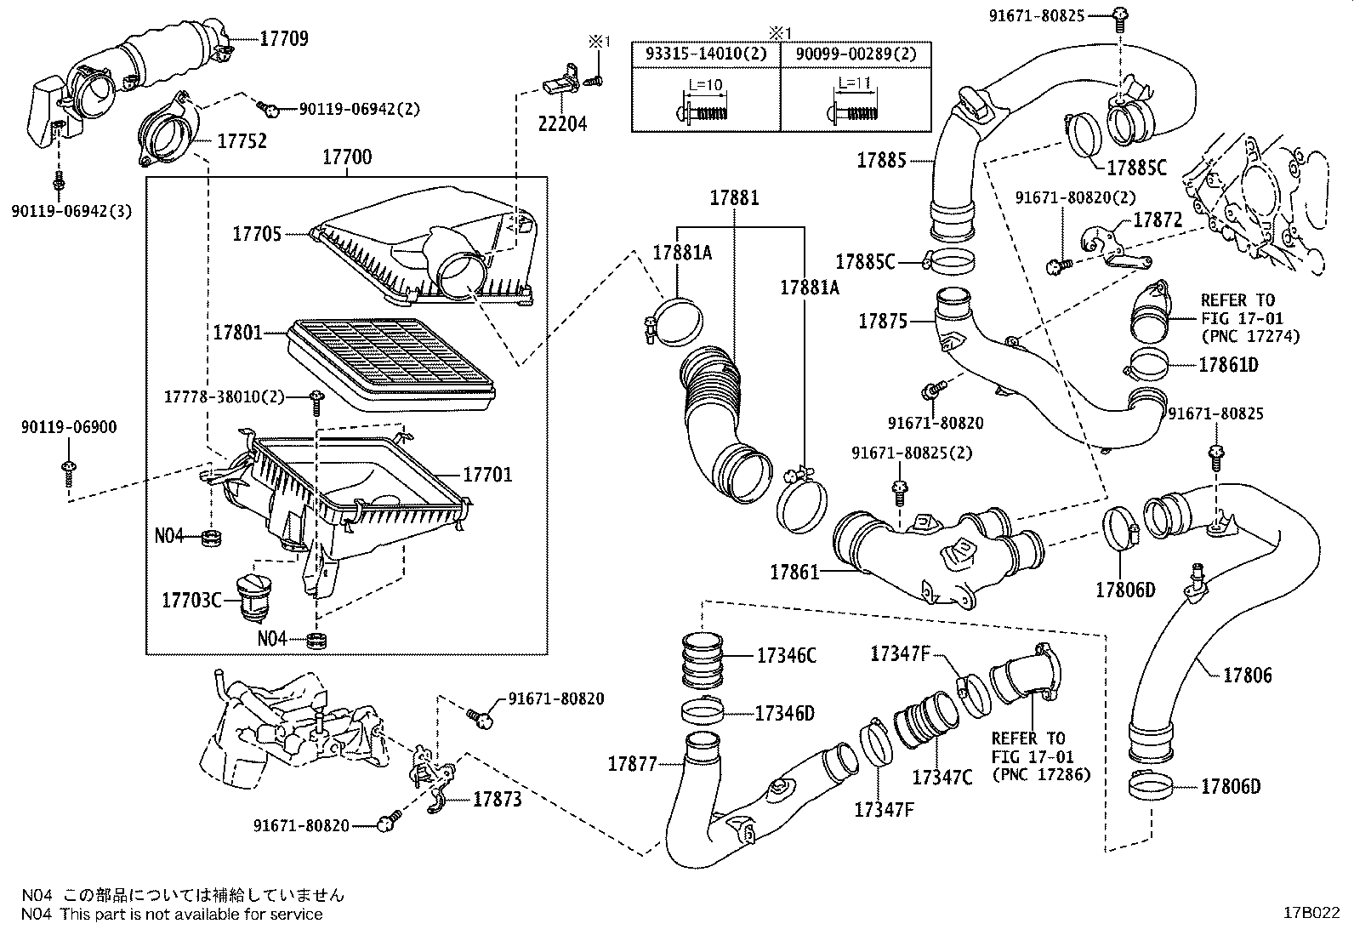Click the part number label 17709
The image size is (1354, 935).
284,38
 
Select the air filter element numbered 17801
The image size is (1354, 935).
391,362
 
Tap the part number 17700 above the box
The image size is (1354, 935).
346,157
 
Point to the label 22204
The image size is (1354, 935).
562,123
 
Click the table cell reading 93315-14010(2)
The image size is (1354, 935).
706,54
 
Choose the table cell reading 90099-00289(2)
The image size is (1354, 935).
856,54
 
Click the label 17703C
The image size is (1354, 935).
191,601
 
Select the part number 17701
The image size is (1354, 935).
487,475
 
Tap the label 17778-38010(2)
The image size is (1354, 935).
224,396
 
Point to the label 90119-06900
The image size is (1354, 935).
69,428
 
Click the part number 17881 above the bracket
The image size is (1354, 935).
735,198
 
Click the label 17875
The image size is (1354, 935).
883,322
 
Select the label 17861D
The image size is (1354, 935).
1228,365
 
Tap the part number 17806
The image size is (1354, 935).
1248,676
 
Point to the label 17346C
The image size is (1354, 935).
787,655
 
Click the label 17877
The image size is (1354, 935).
633,764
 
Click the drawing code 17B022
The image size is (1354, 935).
1314,913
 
